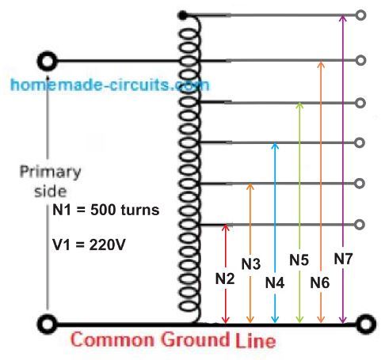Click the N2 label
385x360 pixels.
225,279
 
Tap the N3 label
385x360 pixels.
251,263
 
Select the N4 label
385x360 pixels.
275,282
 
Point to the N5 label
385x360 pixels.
299,260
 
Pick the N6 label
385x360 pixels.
320,282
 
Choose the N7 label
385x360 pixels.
343,259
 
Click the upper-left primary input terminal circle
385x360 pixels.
47,61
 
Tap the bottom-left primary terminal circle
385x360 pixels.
47,324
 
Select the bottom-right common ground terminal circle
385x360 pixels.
366,324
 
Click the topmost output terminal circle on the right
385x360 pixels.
360,15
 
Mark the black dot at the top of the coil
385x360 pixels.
182,16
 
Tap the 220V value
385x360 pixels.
107,244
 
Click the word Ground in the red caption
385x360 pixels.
195,339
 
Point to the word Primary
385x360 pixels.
50,172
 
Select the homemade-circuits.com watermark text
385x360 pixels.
110,85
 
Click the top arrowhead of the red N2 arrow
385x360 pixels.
225,226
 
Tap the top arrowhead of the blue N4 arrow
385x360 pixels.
275,145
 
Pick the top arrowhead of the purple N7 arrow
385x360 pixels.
342,17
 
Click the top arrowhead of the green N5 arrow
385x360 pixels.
299,104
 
